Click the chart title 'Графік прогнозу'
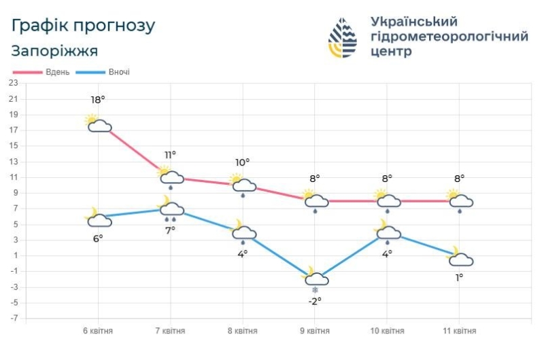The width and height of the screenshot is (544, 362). (84, 26)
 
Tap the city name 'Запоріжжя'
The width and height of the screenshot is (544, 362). (54, 51)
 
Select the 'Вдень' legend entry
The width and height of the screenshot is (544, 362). (41, 72)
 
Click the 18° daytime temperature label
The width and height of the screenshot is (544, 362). (98, 101)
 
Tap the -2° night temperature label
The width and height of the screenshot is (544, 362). (314, 302)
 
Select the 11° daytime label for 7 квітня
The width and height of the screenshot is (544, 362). (169, 155)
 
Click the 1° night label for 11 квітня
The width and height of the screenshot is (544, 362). (459, 277)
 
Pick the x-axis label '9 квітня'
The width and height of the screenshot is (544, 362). (314, 331)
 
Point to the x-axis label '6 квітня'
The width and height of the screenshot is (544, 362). (98, 331)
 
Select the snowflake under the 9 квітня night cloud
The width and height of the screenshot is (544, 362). (315, 290)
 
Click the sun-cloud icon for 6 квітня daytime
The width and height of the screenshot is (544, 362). (98, 124)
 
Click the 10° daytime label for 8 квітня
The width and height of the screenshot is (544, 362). (242, 162)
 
